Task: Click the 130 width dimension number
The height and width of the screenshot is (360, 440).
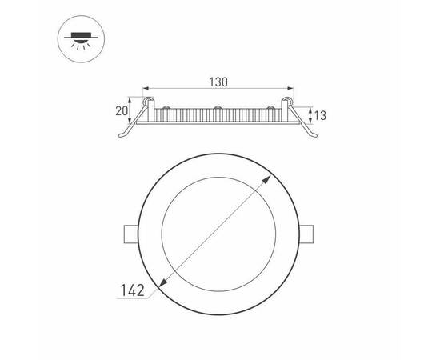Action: [219, 82]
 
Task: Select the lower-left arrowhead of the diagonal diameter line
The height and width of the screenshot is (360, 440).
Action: [163, 282]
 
